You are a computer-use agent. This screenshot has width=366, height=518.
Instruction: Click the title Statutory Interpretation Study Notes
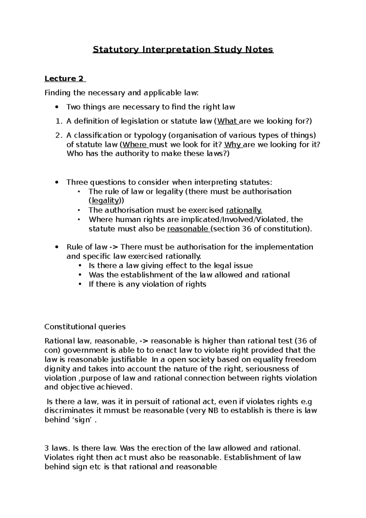183,49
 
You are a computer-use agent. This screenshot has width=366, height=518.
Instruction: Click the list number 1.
59,121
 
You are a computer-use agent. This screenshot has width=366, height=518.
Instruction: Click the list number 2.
59,135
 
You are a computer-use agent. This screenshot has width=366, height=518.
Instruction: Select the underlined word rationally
244,210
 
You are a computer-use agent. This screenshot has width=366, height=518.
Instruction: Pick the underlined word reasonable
187,229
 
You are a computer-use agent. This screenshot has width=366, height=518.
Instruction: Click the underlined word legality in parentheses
105,201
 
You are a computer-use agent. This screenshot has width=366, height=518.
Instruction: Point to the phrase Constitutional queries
85,327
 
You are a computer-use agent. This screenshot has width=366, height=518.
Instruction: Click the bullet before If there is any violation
80,284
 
